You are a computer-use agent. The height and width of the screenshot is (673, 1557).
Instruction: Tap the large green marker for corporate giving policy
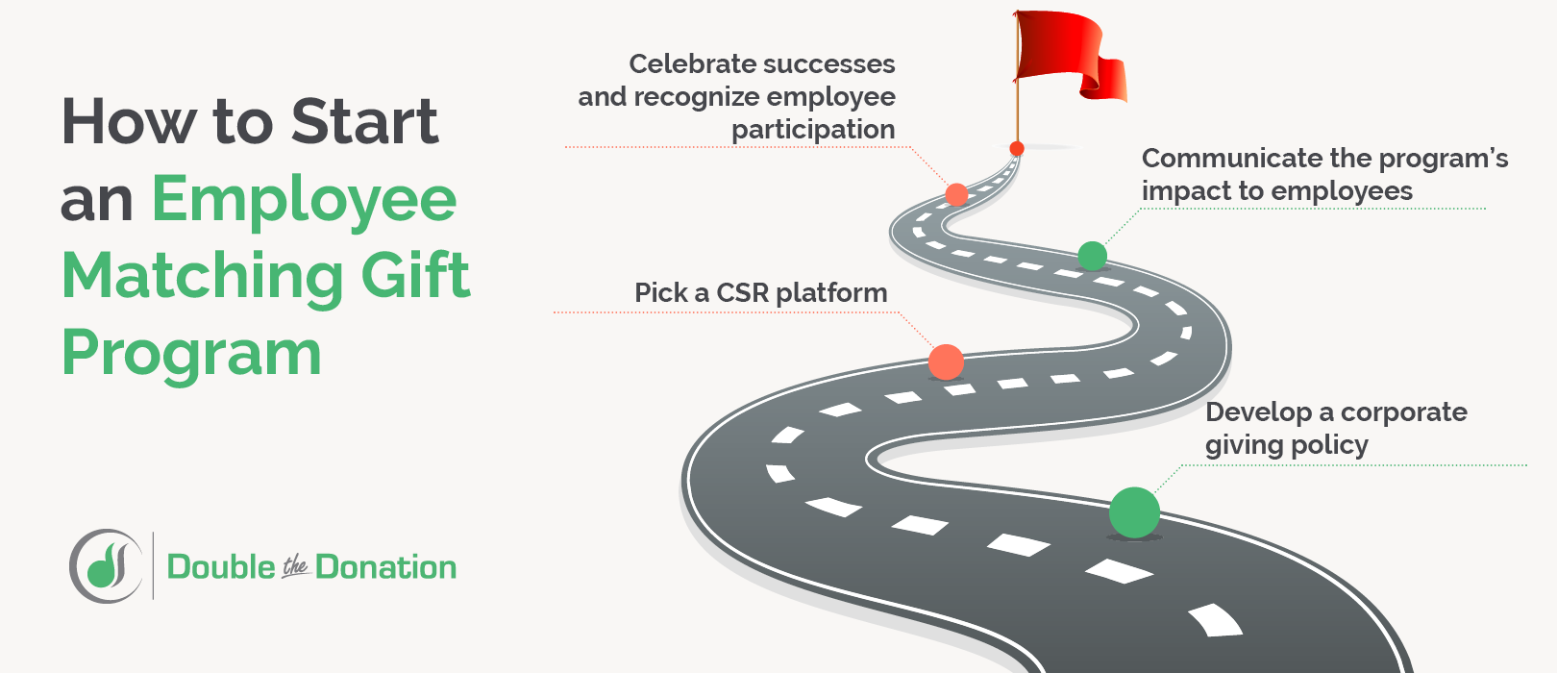pos(1134,512)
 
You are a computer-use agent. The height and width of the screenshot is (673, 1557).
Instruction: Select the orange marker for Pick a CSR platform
pos(946,362)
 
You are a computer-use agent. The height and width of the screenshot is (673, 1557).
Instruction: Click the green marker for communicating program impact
pos(1092,256)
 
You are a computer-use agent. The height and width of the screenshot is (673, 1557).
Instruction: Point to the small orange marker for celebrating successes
pos(956,194)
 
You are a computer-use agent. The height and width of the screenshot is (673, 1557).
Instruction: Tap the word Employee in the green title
pos(304,201)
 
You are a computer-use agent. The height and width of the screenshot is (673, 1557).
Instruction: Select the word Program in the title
pos(191,354)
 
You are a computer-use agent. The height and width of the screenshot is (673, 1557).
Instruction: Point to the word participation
pos(813,130)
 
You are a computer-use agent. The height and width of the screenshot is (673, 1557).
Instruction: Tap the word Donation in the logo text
pos(385,567)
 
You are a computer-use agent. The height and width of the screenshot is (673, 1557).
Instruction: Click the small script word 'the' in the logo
pos(295,568)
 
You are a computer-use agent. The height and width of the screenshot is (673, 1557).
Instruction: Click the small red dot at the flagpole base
pos(1017,148)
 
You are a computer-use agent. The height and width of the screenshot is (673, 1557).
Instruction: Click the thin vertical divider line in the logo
pos(153,565)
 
